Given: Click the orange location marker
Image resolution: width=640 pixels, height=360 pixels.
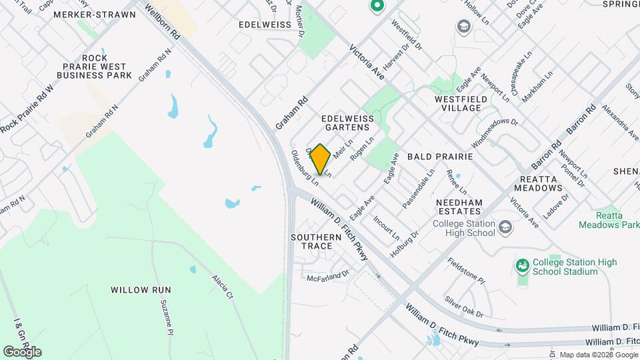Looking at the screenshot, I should click(x=320, y=159).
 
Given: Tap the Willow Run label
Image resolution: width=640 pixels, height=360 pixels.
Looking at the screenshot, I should click(x=141, y=290).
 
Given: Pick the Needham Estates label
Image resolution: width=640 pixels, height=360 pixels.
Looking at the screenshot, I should click(x=463, y=206).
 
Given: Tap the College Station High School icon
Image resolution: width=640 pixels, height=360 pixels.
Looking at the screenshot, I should click(x=505, y=229).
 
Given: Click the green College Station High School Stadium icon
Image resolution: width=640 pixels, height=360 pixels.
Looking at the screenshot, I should click(x=523, y=267).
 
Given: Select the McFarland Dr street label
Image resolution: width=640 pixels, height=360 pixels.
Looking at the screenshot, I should click(x=329, y=275).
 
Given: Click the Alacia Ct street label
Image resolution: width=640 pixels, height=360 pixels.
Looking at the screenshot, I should click(x=222, y=287).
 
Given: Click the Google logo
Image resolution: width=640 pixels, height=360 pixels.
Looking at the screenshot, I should click(x=22, y=351).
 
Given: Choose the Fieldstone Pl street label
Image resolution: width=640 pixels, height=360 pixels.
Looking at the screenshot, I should click(x=466, y=270).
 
